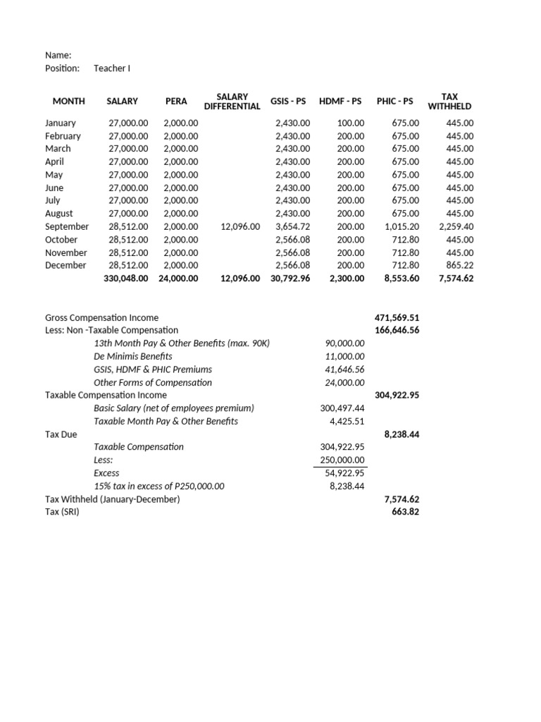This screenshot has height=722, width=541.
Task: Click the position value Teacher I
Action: pos(112,68)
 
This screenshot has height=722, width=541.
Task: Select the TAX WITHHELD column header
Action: pos(449,101)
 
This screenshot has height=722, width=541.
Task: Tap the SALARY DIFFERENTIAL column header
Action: pos(232,101)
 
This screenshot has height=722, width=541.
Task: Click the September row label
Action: pos(67,226)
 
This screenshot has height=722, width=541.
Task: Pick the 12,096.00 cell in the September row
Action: pos(240,226)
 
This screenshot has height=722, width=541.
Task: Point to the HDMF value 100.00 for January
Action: pos(351,123)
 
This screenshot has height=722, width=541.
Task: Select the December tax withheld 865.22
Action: pos(459,265)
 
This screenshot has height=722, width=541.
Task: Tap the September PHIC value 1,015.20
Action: pos(402,226)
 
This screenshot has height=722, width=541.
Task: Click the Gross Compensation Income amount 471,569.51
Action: pos(397,317)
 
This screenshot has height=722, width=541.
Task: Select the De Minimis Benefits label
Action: pos(132,356)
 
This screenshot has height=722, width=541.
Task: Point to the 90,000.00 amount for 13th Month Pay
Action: pos(344,343)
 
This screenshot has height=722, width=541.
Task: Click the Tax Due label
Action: pos(61,434)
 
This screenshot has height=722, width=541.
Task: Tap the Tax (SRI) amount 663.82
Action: pos(405,512)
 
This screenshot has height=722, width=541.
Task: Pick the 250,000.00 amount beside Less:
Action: pos(342,460)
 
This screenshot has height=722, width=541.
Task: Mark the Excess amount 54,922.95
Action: pos(344,473)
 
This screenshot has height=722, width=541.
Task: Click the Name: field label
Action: pos(58,55)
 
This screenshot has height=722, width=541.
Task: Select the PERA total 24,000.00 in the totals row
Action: pos(180,279)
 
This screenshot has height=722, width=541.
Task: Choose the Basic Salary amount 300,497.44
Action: pos(342,408)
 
